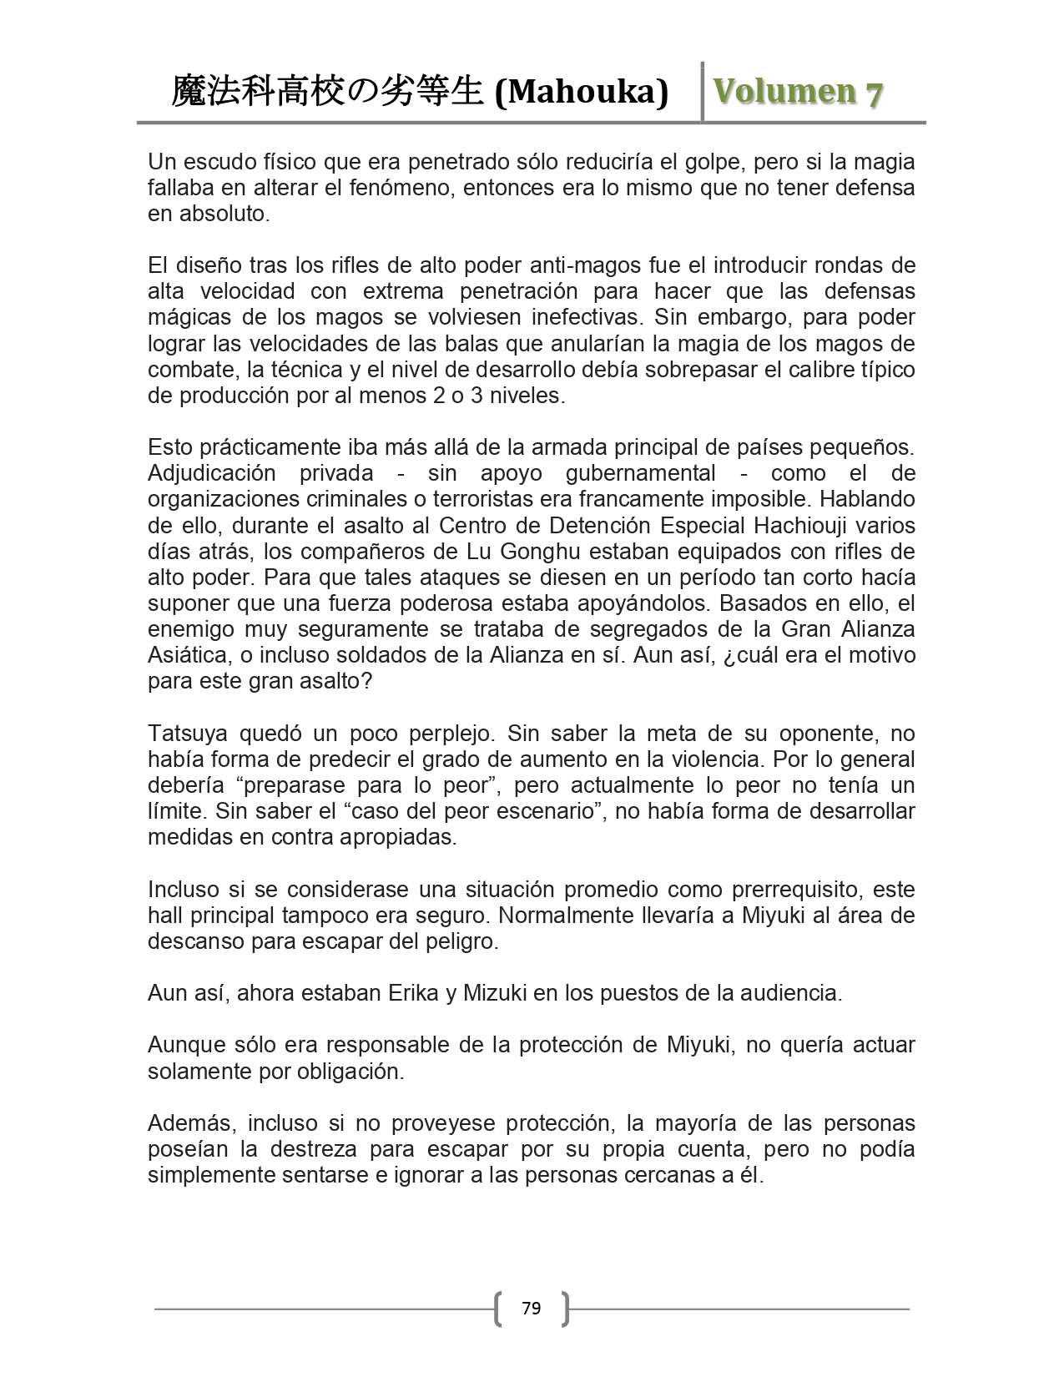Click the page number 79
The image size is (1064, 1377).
pyautogui.click(x=531, y=1308)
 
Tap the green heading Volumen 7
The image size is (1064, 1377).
pyautogui.click(x=797, y=92)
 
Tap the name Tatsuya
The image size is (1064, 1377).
pyautogui.click(x=189, y=734)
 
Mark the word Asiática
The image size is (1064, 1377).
pyautogui.click(x=188, y=655)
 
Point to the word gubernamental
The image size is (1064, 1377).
pyautogui.click(x=640, y=473)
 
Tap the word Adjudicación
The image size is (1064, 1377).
pyautogui.click(x=211, y=473)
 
